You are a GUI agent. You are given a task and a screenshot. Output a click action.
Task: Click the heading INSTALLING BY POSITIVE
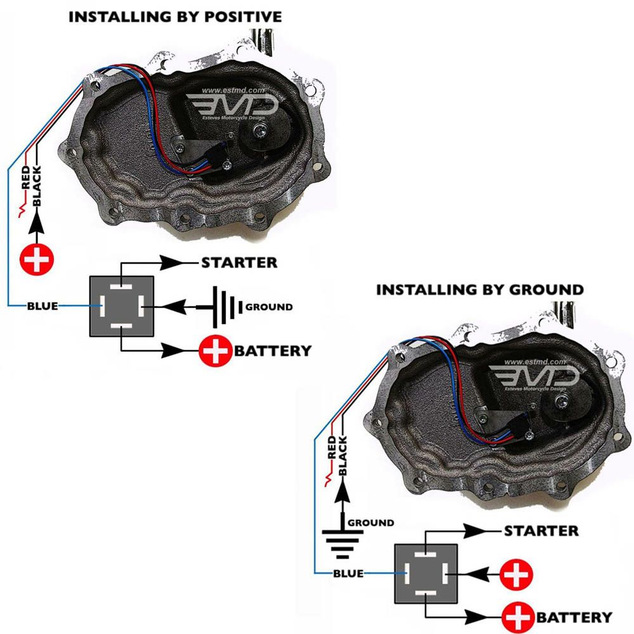pos(175,17)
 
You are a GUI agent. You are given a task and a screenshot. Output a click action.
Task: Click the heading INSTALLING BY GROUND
pos(480,290)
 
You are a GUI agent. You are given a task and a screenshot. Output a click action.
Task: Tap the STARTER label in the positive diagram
pos(239,262)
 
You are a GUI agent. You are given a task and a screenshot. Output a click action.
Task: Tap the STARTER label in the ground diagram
pos(541,531)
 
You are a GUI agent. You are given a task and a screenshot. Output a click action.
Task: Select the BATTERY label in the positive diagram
pos(273,350)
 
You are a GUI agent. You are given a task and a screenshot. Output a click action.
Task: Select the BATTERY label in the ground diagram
pos(574,617)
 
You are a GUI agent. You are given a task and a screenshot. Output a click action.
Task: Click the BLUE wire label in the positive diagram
pos(42,306)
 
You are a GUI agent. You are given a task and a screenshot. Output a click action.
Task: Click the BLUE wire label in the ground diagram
pos(348,574)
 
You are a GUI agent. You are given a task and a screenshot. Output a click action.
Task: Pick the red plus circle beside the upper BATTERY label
pos(216,350)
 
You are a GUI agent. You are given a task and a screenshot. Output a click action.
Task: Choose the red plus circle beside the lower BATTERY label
pos(518,617)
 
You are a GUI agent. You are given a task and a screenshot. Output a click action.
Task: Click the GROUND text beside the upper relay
pos(269,307)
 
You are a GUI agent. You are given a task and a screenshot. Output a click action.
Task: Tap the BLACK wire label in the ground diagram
pos(343,456)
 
